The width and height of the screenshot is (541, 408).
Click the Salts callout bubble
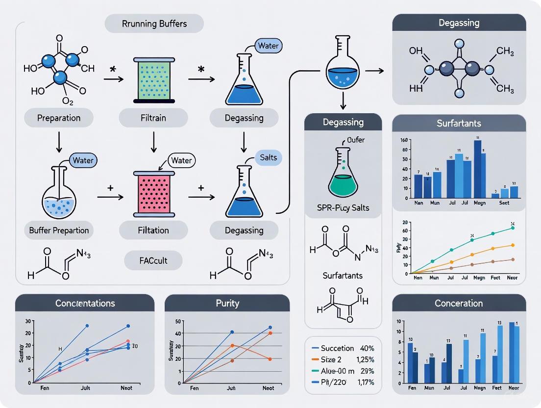click(x=269, y=157)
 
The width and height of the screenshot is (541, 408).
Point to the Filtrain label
click(x=153, y=118)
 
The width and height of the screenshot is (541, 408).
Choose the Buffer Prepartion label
click(x=59, y=230)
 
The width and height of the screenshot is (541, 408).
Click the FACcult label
click(x=153, y=261)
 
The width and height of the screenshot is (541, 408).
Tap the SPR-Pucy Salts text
click(x=343, y=207)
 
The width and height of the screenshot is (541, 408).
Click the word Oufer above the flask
click(x=356, y=140)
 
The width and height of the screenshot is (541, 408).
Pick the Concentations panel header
click(x=84, y=303)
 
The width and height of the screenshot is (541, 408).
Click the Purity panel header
click(x=227, y=303)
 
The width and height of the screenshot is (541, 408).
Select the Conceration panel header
click(x=459, y=304)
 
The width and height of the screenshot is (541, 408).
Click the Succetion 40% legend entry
click(x=343, y=348)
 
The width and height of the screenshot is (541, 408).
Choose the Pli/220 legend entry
click(x=343, y=382)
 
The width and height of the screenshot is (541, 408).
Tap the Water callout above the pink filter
click(x=181, y=160)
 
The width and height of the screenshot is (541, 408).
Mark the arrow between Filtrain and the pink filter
click(x=153, y=142)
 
